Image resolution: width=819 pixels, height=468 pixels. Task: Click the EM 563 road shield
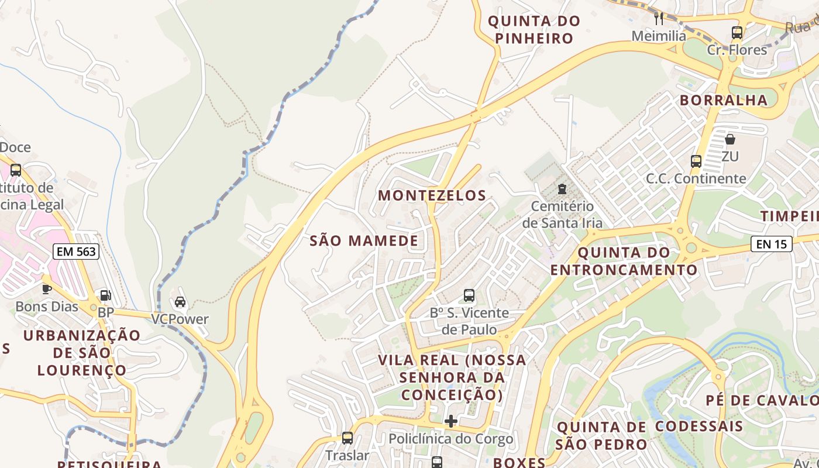(x=76, y=252)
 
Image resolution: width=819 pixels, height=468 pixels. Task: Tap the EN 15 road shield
(x=772, y=244)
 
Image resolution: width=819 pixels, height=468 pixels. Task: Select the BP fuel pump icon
(x=105, y=296)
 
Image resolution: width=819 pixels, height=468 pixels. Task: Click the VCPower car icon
(x=180, y=302)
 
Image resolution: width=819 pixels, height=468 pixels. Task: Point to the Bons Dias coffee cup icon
(x=47, y=289)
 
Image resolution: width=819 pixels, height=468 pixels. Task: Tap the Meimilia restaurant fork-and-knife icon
(x=659, y=18)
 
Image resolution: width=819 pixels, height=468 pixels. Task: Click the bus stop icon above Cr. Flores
(x=737, y=33)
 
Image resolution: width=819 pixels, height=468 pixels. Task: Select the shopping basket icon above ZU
(x=730, y=139)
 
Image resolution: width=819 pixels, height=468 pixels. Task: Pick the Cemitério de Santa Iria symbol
(x=562, y=188)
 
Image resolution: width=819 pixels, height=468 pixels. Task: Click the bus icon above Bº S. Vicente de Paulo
(x=469, y=295)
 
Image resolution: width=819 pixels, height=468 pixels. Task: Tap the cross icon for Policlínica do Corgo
(x=451, y=421)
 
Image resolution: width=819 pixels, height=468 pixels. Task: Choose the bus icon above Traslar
(x=347, y=438)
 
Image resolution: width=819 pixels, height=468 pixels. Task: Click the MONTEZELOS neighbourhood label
(x=432, y=195)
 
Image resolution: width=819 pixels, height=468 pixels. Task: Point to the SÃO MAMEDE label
(x=364, y=240)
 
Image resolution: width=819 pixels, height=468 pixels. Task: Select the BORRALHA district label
(x=723, y=100)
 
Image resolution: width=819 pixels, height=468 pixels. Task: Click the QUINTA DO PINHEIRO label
(x=534, y=30)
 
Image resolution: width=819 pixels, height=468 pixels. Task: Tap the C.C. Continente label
(x=696, y=178)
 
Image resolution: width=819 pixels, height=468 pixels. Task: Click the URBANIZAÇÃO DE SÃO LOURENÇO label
(x=82, y=353)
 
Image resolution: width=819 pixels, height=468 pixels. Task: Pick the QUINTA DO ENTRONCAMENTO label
(x=624, y=261)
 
